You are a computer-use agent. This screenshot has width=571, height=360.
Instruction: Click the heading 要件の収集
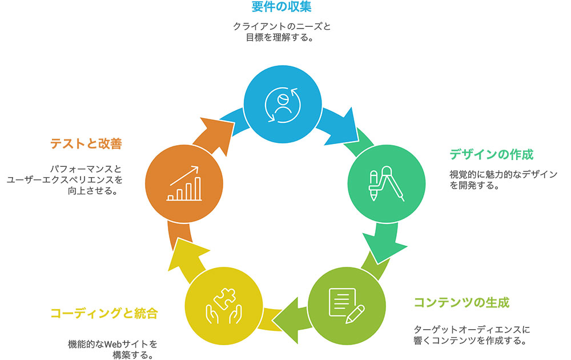[282, 6]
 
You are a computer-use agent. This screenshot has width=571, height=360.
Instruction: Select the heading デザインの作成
[491, 154]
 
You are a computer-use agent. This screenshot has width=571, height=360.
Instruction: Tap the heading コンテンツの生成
[461, 302]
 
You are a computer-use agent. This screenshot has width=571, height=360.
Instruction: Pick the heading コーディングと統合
[104, 313]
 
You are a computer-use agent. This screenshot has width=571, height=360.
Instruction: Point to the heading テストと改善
[86, 143]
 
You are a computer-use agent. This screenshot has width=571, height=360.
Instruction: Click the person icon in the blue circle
[282, 105]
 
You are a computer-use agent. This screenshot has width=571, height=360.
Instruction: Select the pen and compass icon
[387, 183]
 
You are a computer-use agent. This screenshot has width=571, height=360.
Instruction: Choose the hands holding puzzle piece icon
[224, 306]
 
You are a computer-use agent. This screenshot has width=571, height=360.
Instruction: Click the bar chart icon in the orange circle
[184, 183]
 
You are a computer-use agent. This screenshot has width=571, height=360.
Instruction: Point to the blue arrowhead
[342, 127]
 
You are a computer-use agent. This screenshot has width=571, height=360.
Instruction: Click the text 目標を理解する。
[279, 38]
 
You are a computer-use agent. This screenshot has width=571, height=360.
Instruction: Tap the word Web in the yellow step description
[113, 344]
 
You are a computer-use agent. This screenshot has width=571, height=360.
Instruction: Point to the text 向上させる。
[93, 190]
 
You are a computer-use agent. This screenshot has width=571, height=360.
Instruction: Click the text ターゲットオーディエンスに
[472, 330]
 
